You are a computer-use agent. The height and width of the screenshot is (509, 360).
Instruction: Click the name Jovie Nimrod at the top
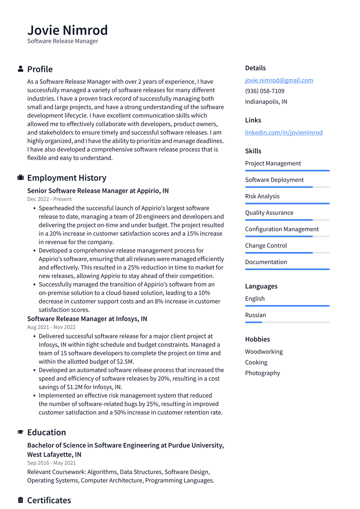tap(67, 30)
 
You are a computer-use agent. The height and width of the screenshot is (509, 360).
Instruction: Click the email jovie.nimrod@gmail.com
tap(279, 80)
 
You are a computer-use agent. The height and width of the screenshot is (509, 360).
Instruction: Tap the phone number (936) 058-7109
tap(264, 91)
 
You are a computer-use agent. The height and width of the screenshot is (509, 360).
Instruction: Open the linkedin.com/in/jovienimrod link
tap(283, 132)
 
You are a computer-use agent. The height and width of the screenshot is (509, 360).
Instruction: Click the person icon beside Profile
tap(20, 69)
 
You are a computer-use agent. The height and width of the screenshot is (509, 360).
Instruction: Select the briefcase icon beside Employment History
tap(20, 178)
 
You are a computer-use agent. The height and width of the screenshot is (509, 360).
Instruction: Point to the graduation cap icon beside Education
tap(20, 432)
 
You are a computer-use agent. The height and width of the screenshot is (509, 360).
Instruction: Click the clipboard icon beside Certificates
tap(20, 500)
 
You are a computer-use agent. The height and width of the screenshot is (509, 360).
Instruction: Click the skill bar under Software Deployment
tap(287, 187)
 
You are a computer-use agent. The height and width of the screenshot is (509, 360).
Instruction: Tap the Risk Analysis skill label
tap(262, 196)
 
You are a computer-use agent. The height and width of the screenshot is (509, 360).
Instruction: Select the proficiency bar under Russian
tap(287, 322)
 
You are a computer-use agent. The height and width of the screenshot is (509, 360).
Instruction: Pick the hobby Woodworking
tap(264, 351)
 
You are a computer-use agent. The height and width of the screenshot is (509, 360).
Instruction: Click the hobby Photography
tap(262, 373)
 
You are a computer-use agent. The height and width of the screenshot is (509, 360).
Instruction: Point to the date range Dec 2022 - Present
tap(49, 199)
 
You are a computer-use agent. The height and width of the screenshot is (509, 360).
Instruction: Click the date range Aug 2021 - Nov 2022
tap(51, 327)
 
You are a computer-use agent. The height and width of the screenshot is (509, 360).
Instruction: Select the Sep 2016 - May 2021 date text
tap(51, 463)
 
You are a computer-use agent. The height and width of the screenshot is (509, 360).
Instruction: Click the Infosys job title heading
tap(87, 319)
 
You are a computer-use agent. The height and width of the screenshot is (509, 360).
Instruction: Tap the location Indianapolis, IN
tap(266, 102)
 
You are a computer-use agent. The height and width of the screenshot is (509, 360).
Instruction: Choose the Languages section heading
tap(261, 286)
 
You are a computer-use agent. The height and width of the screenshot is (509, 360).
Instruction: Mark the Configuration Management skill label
tap(282, 229)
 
